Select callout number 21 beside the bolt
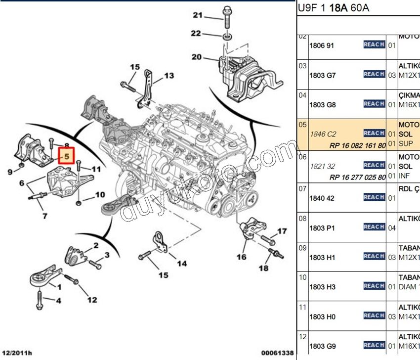click(x=198, y=16)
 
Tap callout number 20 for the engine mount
click(x=197, y=57)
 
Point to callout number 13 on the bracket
click(x=169, y=76)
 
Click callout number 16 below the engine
click(x=241, y=257)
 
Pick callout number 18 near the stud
click(x=264, y=268)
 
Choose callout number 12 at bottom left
click(x=92, y=299)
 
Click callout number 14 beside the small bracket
click(x=182, y=264)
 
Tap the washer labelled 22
click(x=228, y=37)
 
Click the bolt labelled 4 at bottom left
click(x=39, y=297)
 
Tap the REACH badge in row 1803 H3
click(x=374, y=286)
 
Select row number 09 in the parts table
click(x=302, y=248)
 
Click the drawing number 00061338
click(x=277, y=353)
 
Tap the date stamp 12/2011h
click(x=17, y=353)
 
